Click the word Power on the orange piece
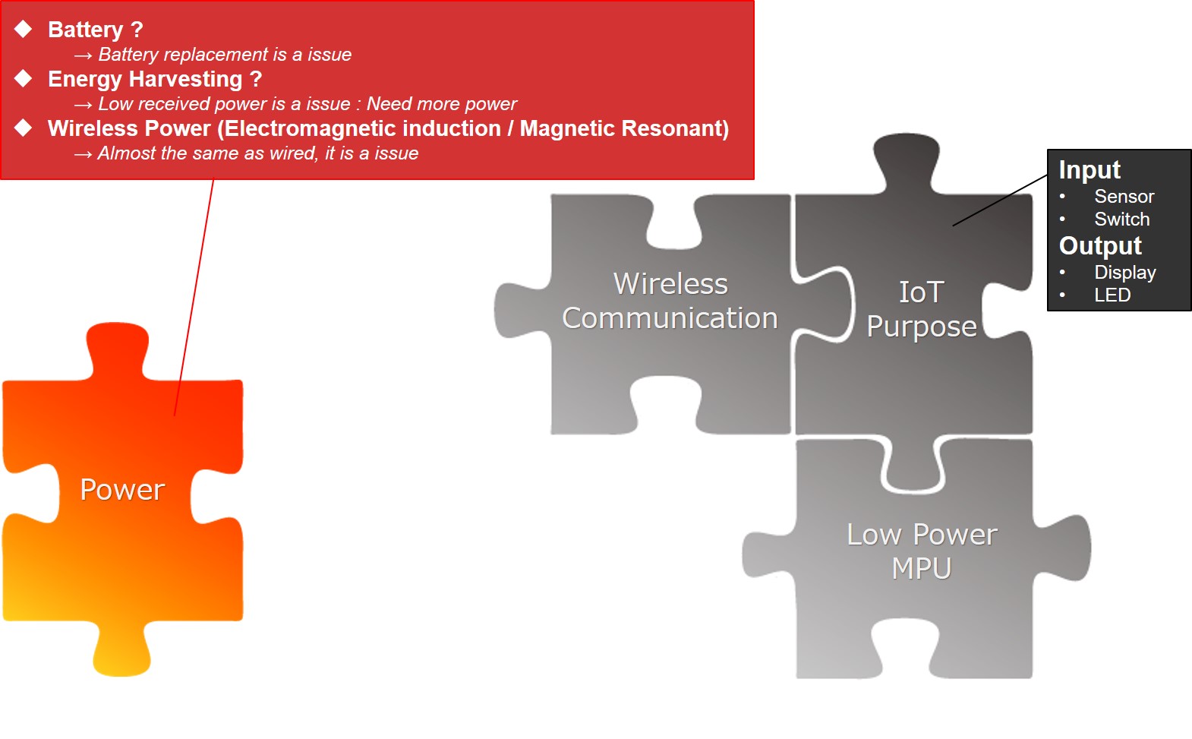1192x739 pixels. pyautogui.click(x=122, y=489)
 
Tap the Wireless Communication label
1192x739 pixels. pyautogui.click(x=670, y=301)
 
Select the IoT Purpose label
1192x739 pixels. pyautogui.click(x=922, y=309)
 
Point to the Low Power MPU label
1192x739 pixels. pyautogui.click(x=922, y=551)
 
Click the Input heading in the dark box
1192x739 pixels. pyautogui.click(x=1090, y=170)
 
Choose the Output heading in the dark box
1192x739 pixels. pyautogui.click(x=1100, y=246)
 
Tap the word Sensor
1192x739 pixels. pyautogui.click(x=1124, y=197)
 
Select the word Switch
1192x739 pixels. pyautogui.click(x=1121, y=219)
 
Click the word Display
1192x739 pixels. pyautogui.click(x=1125, y=273)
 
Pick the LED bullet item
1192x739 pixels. pyautogui.click(x=1112, y=295)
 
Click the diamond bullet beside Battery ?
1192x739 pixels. pyautogui.click(x=24, y=29)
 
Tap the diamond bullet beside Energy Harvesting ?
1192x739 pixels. pyautogui.click(x=24, y=78)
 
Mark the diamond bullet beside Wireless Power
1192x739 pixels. pyautogui.click(x=24, y=128)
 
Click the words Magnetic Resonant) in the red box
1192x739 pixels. pyautogui.click(x=623, y=129)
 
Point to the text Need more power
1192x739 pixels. pyautogui.click(x=441, y=104)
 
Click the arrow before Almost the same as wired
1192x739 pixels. pyautogui.click(x=83, y=154)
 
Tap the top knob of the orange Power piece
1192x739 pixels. pyautogui.click(x=117, y=349)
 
